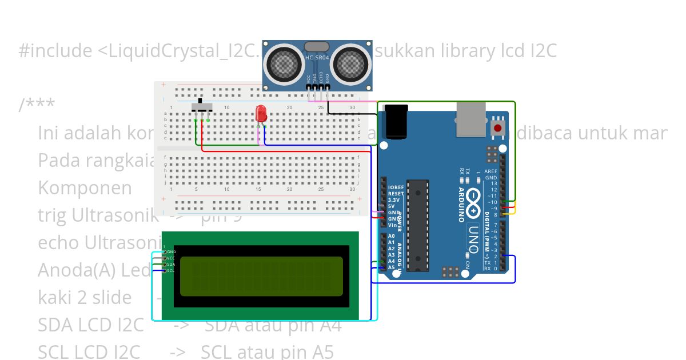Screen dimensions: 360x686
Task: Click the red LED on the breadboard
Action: pos(261,113)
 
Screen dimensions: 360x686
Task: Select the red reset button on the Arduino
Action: pos(498,128)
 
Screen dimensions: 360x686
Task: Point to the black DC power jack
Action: pos(397,122)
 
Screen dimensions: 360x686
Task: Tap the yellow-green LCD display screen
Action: pos(261,277)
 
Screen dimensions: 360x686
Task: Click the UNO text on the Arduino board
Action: pos(474,234)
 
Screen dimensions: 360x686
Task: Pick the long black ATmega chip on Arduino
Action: pos(418,225)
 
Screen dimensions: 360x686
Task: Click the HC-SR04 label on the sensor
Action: pos(317,57)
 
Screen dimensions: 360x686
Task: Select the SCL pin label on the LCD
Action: pos(171,270)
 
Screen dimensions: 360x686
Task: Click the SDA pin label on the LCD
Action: pos(171,264)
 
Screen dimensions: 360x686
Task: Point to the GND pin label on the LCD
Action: pos(171,251)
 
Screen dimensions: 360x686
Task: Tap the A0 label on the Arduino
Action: pos(392,236)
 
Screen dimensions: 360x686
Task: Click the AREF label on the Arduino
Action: pos(490,171)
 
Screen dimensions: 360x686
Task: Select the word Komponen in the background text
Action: pos(85,188)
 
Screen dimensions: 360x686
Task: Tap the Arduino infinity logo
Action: pos(474,197)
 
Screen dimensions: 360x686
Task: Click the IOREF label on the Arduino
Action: pos(396,187)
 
